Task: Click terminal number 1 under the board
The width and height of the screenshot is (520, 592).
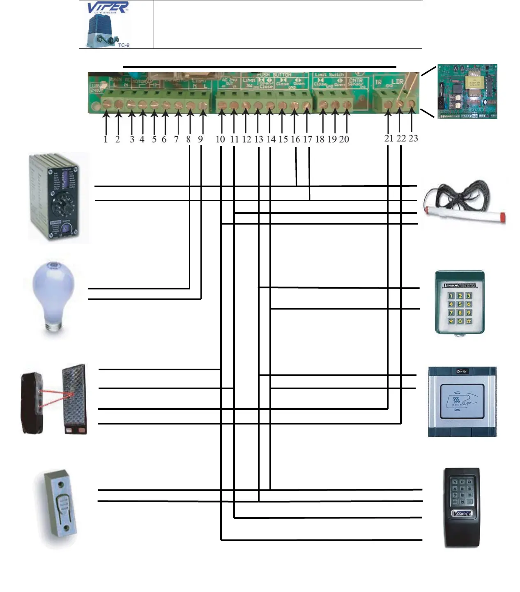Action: pyautogui.click(x=106, y=140)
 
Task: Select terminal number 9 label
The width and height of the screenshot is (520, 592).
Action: pyautogui.click(x=200, y=140)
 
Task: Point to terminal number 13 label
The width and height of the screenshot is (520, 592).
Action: pyautogui.click(x=259, y=140)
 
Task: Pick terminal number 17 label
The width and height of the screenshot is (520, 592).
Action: pyautogui.click(x=308, y=140)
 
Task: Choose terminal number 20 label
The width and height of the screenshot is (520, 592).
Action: pyautogui.click(x=344, y=140)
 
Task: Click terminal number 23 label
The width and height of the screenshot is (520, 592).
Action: pyautogui.click(x=413, y=138)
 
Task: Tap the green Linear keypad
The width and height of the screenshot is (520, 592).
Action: pyautogui.click(x=460, y=303)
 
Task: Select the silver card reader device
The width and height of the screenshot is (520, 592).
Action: pyautogui.click(x=462, y=401)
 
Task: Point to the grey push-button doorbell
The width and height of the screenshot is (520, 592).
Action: pyautogui.click(x=62, y=509)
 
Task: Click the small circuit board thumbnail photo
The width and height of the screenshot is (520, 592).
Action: pyautogui.click(x=467, y=91)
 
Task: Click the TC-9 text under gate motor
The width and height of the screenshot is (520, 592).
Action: pyautogui.click(x=124, y=45)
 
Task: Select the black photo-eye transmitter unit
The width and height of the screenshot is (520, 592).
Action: pyautogui.click(x=32, y=403)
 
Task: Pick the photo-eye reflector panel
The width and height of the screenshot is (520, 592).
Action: pyautogui.click(x=74, y=398)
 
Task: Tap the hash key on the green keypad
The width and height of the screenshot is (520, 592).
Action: pyautogui.click(x=469, y=321)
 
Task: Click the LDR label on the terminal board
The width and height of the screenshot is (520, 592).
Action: pyautogui.click(x=397, y=82)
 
